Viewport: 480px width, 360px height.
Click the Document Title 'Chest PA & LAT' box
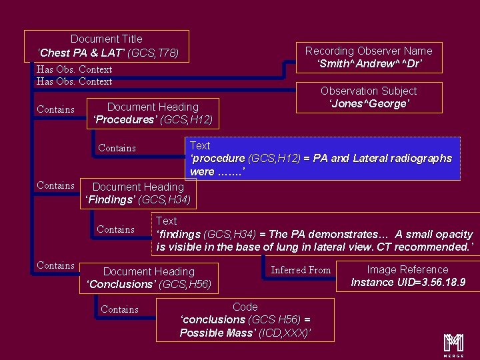pos(106,45)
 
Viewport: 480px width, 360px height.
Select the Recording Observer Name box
pos(369,57)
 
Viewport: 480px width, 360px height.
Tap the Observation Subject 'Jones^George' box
pos(369,97)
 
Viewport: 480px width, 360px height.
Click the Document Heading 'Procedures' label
pos(153,113)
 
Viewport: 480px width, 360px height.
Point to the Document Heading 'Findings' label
pos(138,193)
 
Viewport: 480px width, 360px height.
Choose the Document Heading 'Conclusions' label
pos(149,278)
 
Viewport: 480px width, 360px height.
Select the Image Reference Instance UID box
pos(408,276)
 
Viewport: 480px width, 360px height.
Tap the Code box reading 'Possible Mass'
pos(245,320)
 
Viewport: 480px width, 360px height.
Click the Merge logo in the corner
pos(454,343)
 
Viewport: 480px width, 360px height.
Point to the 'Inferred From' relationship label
pos(301,270)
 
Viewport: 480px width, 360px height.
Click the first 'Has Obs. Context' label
pos(74,69)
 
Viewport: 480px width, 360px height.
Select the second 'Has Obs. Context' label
pos(74,81)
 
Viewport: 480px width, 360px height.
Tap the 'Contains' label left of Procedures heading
pos(56,109)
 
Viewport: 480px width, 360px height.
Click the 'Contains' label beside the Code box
pos(120,309)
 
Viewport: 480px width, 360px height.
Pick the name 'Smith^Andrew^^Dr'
pos(369,64)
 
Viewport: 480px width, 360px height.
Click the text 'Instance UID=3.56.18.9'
pos(408,283)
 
